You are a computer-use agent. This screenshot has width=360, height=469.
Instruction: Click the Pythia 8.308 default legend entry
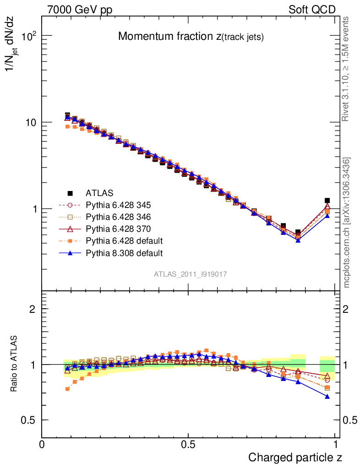124,252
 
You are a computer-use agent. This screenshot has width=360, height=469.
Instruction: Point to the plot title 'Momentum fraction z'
191,37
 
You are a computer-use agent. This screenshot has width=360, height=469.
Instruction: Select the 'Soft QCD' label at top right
312,10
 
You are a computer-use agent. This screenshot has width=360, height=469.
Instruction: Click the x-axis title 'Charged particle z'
295,457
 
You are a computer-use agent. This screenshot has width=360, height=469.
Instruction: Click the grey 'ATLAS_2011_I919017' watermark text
191,274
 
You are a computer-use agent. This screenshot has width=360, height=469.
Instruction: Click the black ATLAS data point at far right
327,201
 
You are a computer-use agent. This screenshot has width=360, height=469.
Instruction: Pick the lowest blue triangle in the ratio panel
327,396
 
